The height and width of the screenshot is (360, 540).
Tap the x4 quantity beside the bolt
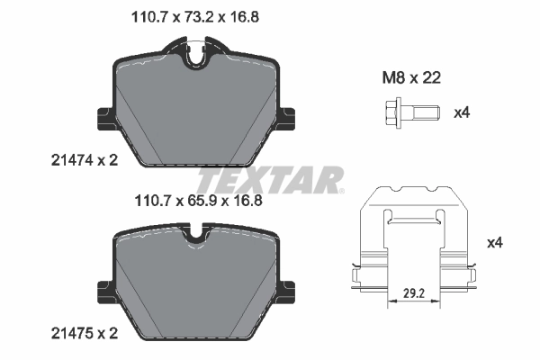(462, 113)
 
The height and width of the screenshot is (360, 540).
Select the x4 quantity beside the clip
(494, 242)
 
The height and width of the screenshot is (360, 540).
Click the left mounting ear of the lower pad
(104, 289)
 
